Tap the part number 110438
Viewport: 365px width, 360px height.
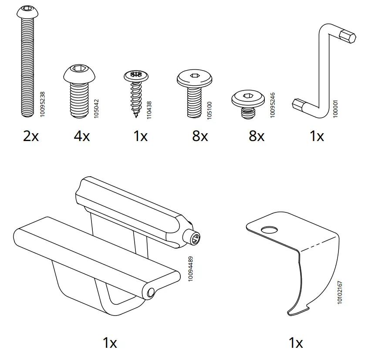click(149, 110)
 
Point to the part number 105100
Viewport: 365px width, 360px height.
click(209, 110)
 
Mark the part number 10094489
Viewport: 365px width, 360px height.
click(190, 269)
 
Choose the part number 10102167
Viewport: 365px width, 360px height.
click(340, 292)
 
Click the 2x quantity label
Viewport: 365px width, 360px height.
click(31, 136)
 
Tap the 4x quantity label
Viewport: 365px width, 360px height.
click(82, 136)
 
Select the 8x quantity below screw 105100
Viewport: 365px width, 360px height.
click(200, 136)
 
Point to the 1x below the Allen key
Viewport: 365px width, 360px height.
click(317, 136)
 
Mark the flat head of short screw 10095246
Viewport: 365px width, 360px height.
click(247, 98)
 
